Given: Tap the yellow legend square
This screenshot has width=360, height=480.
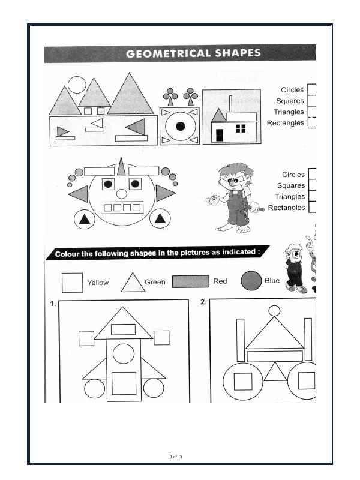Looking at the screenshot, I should pos(73,283).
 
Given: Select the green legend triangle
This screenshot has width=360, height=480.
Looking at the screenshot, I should pos(133,283).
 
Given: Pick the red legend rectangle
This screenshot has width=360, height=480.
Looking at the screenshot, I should pos(191,281).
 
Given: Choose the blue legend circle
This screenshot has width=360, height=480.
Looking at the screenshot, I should pos(251,281).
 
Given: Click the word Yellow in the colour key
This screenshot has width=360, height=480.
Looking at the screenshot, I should pos(98,283).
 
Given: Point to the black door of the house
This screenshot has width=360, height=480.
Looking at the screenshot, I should pos(220,135).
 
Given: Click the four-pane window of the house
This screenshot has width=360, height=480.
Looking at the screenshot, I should pos(241,128).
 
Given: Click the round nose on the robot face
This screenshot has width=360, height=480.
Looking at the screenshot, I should pos(122,194).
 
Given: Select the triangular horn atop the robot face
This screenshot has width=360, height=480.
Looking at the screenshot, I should pos(122,167).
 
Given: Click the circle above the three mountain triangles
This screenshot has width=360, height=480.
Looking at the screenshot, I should pos(77,85).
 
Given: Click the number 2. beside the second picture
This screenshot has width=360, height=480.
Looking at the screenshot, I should pos(203,302).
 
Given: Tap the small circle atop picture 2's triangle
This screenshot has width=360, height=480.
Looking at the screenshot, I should pos(274,311).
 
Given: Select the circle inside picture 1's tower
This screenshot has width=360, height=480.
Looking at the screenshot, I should pos(124,353).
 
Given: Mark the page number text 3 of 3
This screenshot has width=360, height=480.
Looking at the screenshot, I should pos(176,457).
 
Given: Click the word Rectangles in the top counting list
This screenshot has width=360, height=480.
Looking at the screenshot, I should pos(286,123).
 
